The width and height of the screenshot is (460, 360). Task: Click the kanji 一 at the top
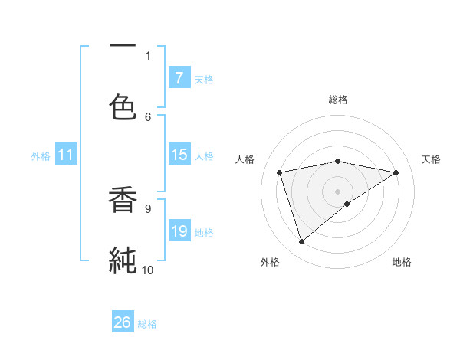123,46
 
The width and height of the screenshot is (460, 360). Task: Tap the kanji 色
123,105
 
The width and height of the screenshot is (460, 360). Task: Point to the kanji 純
123,260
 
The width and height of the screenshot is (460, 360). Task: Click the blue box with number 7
179,77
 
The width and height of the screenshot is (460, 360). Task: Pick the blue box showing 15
179,155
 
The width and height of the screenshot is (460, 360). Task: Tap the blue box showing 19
179,231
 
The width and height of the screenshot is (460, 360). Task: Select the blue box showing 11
65,155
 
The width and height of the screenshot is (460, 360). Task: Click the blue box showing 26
123,322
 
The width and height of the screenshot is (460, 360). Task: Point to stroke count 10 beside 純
147,270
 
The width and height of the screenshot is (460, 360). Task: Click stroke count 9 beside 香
147,208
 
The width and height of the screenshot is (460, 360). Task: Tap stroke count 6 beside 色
148,116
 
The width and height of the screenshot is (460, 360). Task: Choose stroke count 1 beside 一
148,55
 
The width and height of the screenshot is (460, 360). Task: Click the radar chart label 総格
338,100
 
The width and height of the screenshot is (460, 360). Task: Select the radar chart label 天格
431,159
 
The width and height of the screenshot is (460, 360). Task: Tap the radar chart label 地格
402,262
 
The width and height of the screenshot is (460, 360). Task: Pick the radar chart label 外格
270,262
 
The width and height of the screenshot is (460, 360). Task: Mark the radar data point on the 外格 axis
301,242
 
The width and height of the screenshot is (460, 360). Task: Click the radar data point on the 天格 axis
396,172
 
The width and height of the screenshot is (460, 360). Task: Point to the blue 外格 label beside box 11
41,156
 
